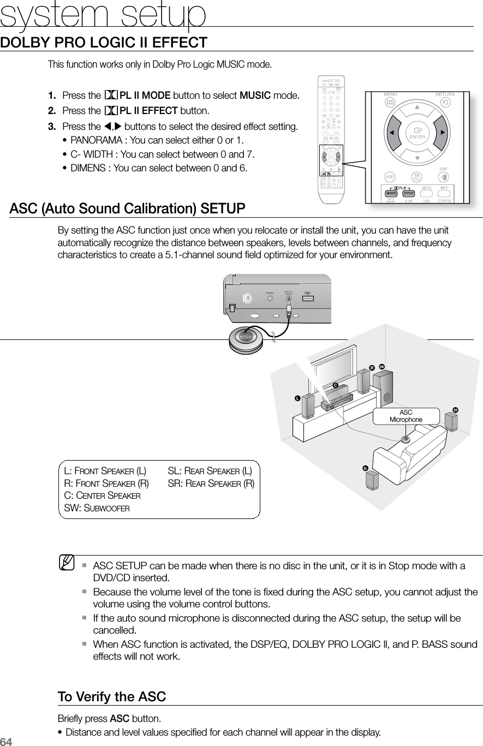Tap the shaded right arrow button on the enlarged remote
[443, 133]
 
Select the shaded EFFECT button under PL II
[408, 193]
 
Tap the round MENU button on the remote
[390, 102]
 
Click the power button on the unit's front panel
[248, 298]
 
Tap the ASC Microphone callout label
[406, 416]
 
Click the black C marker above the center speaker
[336, 386]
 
